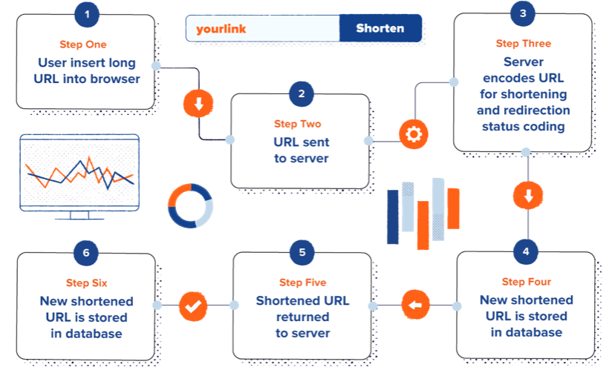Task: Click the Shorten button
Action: (380, 29)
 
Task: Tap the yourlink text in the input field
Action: (221, 29)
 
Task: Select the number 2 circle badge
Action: (301, 94)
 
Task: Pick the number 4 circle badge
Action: (526, 251)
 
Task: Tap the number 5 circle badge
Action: (302, 252)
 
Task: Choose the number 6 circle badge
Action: (86, 252)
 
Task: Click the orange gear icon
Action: (413, 134)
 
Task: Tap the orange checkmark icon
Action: (194, 305)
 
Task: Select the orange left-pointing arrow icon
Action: (416, 305)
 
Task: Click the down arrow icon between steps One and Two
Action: (198, 105)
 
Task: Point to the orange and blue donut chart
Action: (190, 205)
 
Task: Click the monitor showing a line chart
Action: (79, 176)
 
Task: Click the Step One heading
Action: (83, 44)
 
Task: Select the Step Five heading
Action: (302, 283)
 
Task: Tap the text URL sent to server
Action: (301, 150)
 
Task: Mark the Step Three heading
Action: (523, 44)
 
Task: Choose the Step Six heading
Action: (86, 283)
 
